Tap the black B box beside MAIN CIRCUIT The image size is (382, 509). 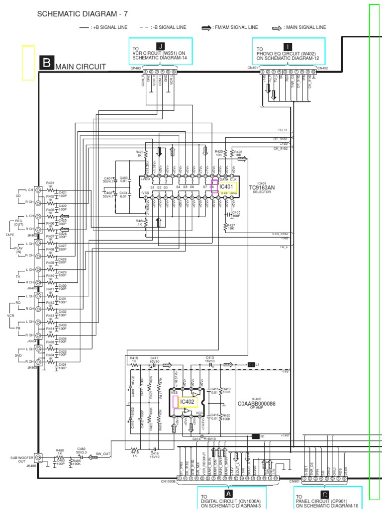click(x=47, y=64)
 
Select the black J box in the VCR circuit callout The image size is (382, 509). click(x=160, y=46)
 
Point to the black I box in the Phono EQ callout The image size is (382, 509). click(x=288, y=47)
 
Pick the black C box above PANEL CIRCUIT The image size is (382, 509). click(x=324, y=494)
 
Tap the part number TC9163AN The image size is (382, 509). click(x=262, y=187)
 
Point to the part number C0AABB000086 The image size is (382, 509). click(x=257, y=404)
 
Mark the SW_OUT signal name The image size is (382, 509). click(x=103, y=454)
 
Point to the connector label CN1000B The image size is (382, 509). click(x=169, y=481)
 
